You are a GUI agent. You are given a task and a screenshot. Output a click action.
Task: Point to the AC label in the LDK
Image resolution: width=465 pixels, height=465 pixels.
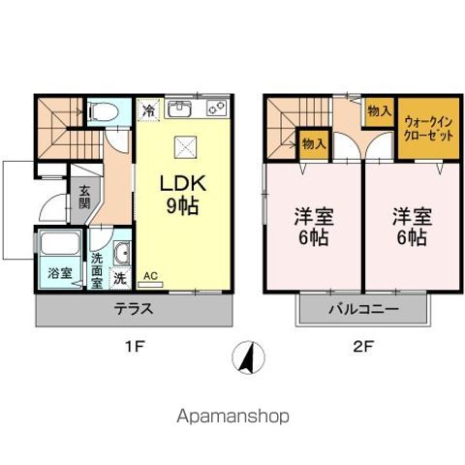(x=150, y=276)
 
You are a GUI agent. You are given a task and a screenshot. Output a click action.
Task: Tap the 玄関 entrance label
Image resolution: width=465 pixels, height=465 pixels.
(x=84, y=198)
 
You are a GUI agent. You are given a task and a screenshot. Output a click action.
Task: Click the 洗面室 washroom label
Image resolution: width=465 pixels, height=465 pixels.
(x=98, y=265)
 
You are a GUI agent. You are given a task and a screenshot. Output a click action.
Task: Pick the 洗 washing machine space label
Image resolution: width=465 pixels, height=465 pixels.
(x=118, y=277)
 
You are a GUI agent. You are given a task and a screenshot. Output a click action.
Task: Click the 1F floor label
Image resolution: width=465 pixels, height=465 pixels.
(x=135, y=351)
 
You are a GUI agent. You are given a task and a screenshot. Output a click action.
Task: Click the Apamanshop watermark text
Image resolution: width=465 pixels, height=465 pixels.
(x=232, y=418)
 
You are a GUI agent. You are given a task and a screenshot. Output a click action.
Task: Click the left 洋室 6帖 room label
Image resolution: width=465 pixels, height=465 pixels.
(x=312, y=225)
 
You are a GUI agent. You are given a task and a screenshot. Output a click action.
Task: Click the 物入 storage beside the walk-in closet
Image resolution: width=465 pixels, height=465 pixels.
(x=379, y=111)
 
